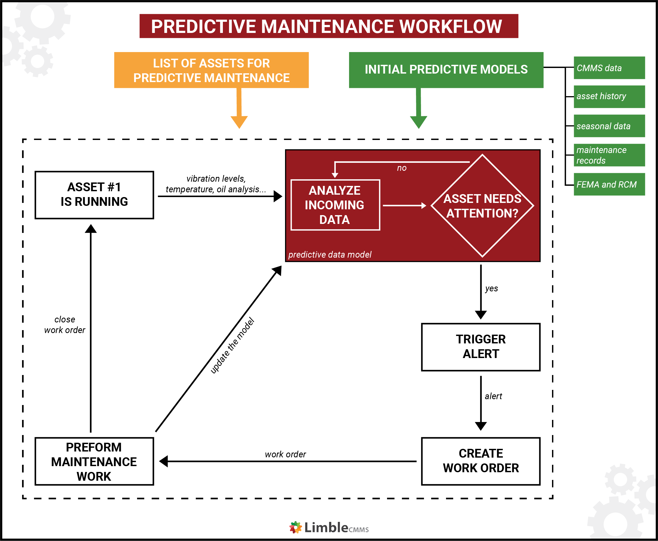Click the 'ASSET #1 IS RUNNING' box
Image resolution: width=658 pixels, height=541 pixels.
[x=94, y=195]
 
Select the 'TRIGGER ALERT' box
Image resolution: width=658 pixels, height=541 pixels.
[x=480, y=347]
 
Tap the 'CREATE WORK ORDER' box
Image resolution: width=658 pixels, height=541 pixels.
[x=480, y=461]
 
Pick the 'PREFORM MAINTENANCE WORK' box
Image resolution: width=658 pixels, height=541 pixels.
[x=94, y=461]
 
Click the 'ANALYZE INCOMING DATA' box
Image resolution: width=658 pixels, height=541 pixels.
[x=335, y=205]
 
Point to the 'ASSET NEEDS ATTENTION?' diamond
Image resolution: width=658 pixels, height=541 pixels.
[x=482, y=206]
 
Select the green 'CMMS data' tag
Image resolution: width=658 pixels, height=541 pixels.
[x=609, y=68]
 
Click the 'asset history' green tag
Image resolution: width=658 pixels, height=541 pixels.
[x=609, y=97]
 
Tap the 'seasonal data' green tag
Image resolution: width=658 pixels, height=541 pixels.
[x=609, y=126]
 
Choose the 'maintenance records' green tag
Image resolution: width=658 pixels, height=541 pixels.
[x=609, y=155]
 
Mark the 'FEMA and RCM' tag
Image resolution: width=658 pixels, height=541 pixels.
[x=609, y=185]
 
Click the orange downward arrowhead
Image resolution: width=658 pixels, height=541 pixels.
[x=239, y=122]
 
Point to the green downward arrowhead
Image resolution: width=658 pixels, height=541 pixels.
[x=418, y=122]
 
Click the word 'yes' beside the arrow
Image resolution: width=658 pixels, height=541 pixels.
[x=491, y=289]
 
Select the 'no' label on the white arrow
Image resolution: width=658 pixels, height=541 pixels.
[x=401, y=168]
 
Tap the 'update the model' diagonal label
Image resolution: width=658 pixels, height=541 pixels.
[x=232, y=345]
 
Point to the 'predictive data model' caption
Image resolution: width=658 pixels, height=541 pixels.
[x=329, y=255]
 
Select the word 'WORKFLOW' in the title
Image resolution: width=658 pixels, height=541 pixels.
[x=451, y=27]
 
